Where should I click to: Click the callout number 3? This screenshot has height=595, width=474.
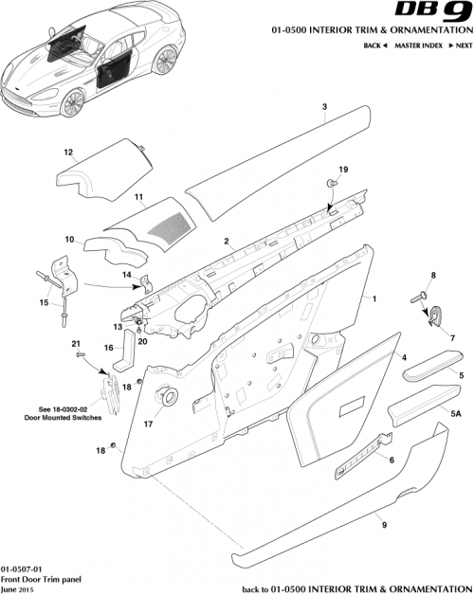324,108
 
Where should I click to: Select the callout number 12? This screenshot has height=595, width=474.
68,152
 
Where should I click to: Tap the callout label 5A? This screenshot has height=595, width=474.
455,414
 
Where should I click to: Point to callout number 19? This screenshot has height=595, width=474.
344,170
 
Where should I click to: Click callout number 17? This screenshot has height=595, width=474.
148,425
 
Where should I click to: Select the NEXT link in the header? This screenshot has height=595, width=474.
461,45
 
